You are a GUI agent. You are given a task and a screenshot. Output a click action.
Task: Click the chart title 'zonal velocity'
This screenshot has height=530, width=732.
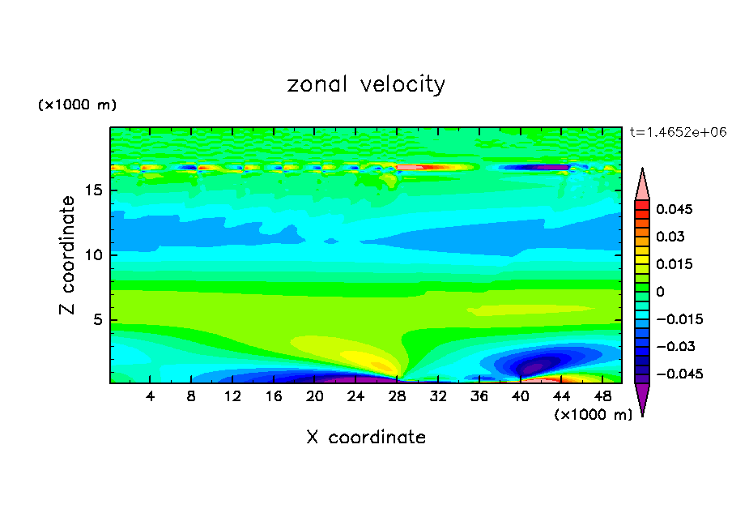pos(366,84)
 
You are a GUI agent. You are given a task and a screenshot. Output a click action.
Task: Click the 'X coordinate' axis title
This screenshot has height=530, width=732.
pos(366,437)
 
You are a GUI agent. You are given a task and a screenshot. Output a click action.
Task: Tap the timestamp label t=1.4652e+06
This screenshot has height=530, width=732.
pos(678,131)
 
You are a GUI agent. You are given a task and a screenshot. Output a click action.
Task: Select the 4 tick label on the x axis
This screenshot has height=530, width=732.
pos(151,395)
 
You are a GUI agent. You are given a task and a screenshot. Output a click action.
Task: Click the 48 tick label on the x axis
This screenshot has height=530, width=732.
pos(602,395)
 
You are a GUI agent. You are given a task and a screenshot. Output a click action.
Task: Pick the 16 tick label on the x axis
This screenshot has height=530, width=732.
pos(274,395)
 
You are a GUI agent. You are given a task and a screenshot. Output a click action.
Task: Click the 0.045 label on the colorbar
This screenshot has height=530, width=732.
pos(674,209)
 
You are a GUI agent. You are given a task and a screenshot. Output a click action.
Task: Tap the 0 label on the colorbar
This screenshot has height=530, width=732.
pos(660,291)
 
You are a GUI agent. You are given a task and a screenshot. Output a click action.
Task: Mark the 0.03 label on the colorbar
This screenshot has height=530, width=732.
pos(670,237)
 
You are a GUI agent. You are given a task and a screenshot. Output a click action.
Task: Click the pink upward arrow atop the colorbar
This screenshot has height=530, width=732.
pos(642,185)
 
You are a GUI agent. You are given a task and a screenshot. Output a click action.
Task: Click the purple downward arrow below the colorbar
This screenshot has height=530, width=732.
pos(642,398)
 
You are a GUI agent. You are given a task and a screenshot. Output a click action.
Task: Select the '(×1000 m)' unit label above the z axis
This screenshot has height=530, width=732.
pos(78,105)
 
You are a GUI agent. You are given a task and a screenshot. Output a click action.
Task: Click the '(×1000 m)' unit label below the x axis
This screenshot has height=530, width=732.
pos(594,414)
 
